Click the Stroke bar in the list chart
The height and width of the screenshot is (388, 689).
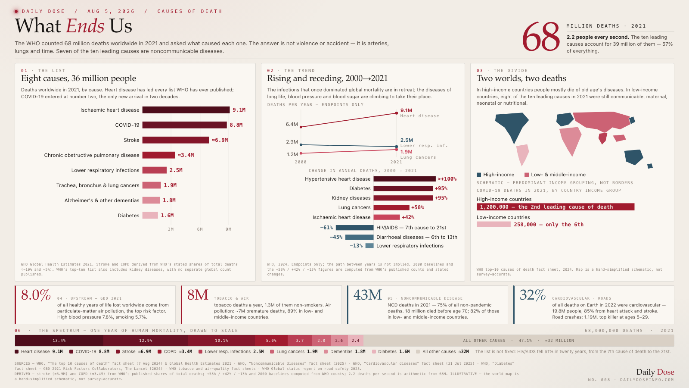tap(175, 140)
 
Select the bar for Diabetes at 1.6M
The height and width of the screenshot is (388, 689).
tap(150, 215)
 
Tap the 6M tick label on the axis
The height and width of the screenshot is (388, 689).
tap(200, 229)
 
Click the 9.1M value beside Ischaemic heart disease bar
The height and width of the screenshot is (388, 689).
tap(239, 110)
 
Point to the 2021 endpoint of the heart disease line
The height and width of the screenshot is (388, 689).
tap(397, 113)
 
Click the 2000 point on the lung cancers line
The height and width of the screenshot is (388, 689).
tap(301, 153)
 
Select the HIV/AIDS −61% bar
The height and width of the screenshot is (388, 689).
tap(355, 228)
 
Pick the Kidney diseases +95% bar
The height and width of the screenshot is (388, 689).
tap(403, 198)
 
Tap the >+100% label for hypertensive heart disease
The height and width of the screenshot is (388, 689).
tap(447, 179)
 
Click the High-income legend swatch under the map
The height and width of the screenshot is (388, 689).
tap(479, 175)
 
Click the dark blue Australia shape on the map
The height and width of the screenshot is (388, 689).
tap(633, 157)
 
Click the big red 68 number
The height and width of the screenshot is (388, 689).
tap(541, 37)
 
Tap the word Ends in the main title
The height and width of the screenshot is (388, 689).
tap(85, 26)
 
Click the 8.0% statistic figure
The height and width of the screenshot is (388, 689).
tap(36, 295)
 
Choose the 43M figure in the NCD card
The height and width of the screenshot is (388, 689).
tap(368, 295)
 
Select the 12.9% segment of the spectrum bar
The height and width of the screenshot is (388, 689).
tap(146, 341)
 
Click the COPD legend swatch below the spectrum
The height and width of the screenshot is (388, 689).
tap(160, 352)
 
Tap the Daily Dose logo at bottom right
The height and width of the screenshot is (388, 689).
tap(655, 372)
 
